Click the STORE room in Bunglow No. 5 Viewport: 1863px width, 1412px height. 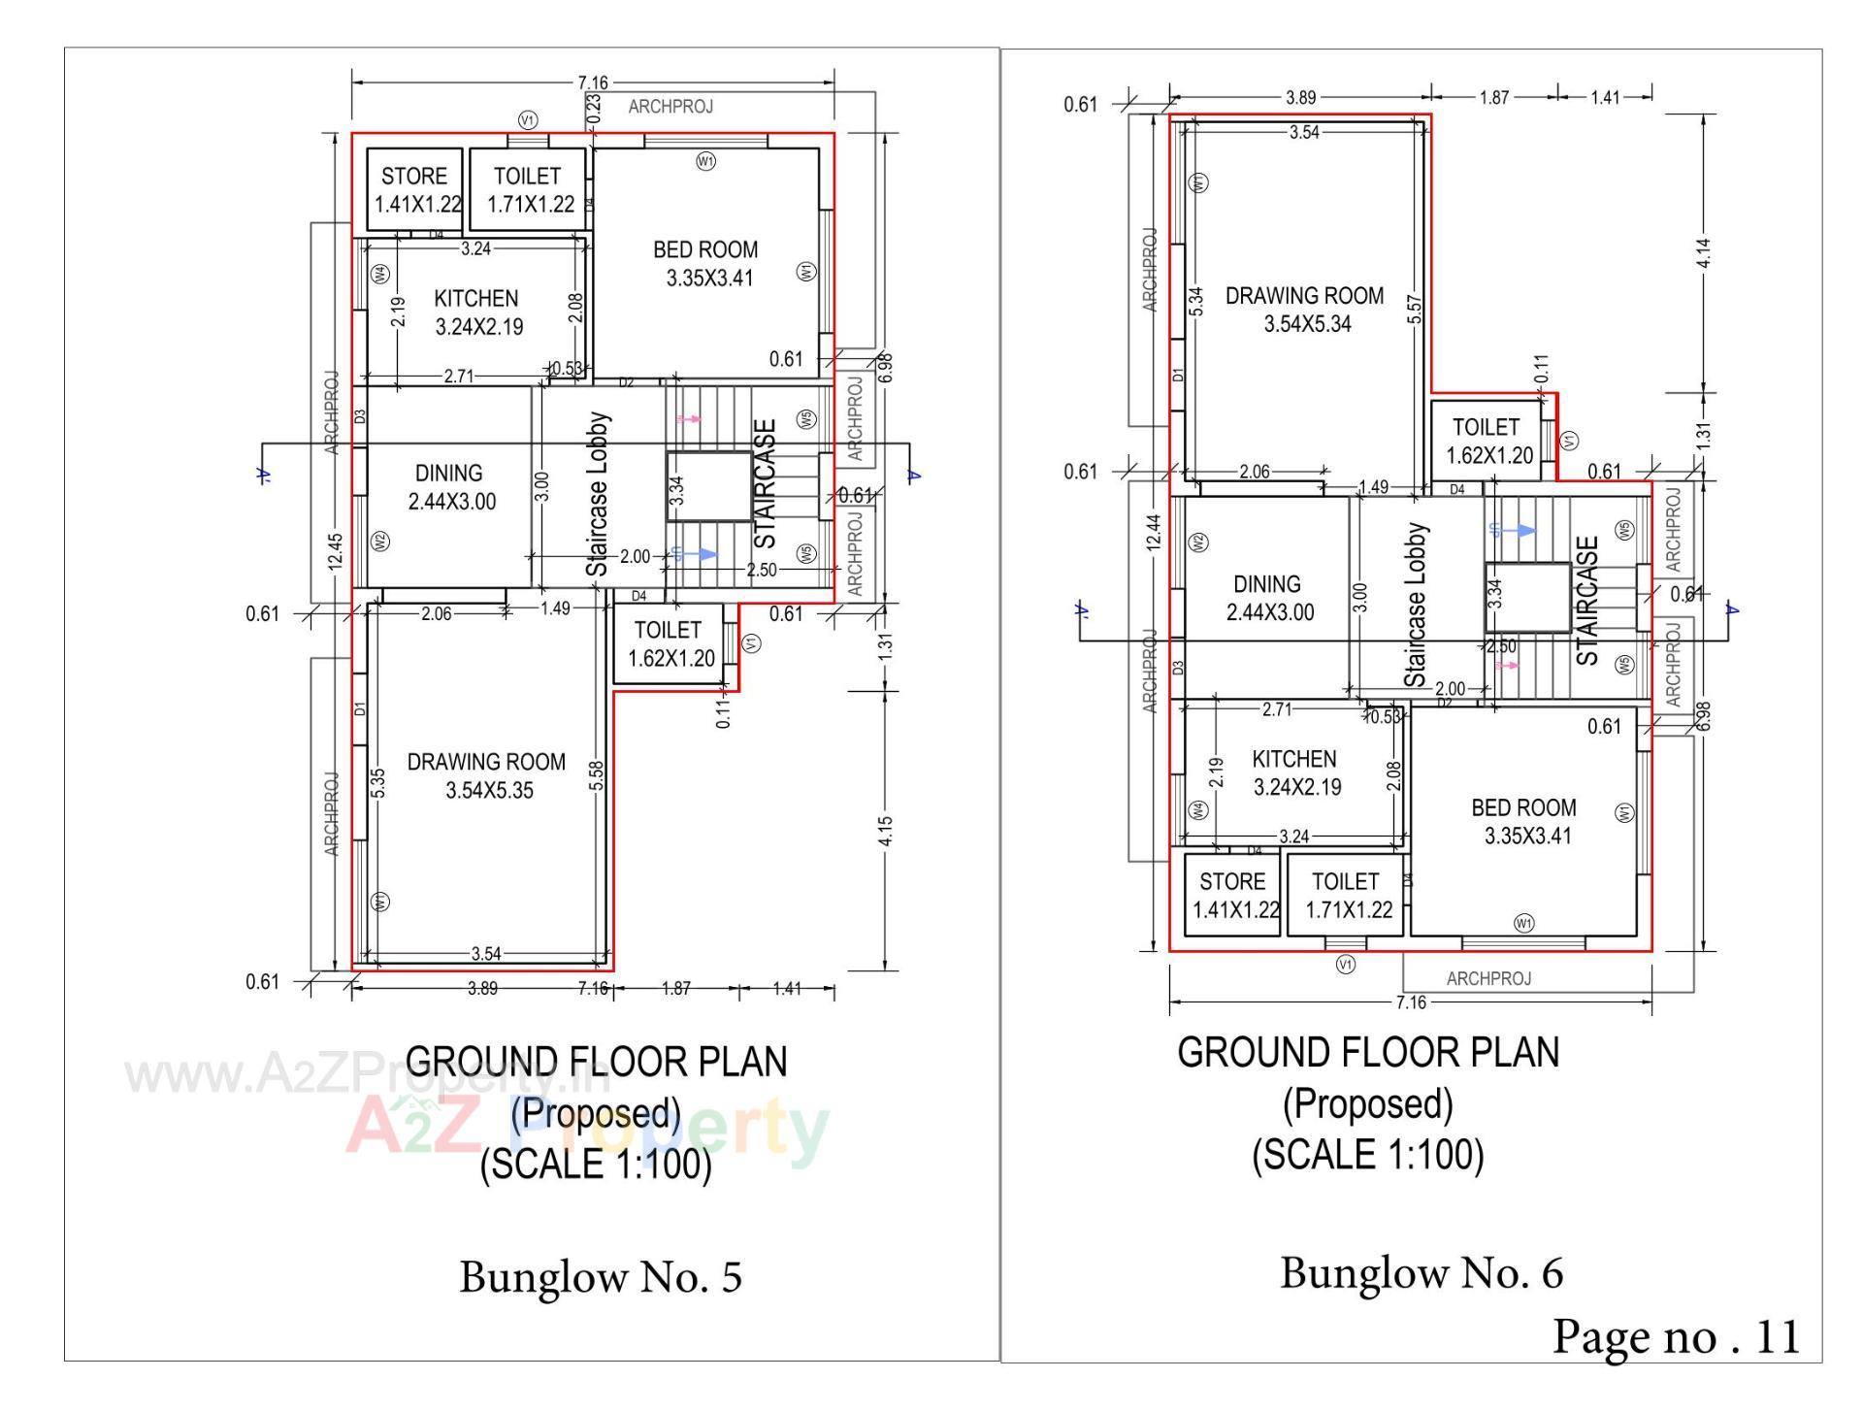click(x=414, y=189)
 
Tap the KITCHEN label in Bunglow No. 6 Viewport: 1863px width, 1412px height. click(x=1294, y=760)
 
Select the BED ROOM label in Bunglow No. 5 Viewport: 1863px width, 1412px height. click(x=706, y=250)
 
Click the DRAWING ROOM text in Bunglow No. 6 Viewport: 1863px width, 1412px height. click(x=1304, y=296)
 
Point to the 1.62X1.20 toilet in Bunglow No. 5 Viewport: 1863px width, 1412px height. click(x=670, y=644)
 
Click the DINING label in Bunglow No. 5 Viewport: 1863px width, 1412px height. click(x=448, y=474)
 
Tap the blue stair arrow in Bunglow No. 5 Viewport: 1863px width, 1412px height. click(x=697, y=554)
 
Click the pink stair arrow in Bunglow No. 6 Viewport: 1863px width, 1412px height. click(x=1507, y=666)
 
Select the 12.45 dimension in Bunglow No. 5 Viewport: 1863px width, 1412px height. click(x=335, y=553)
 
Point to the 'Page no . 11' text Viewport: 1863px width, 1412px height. click(x=1676, y=1336)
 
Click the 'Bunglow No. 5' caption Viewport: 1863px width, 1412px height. click(x=601, y=1277)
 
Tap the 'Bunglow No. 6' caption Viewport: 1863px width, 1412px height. click(x=1422, y=1273)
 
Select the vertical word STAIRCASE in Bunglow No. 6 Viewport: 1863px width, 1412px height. click(x=1587, y=601)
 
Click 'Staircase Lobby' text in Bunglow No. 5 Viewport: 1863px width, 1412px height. click(x=598, y=495)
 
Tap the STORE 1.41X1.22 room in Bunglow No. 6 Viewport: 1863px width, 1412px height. click(x=1232, y=896)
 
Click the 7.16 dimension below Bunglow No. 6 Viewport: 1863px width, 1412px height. click(x=1410, y=1002)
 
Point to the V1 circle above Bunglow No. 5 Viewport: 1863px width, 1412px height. click(x=528, y=120)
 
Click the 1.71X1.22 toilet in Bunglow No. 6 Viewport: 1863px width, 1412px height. click(x=1346, y=896)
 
